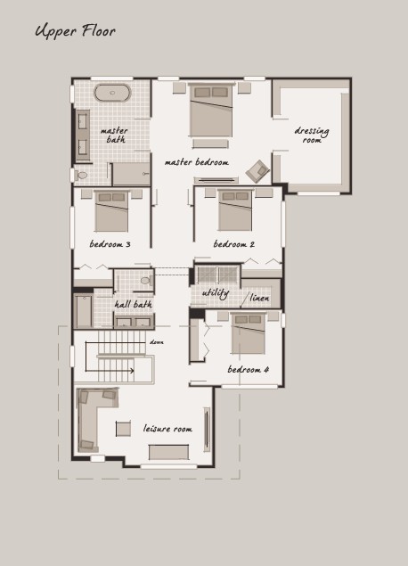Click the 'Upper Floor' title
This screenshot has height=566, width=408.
[x=76, y=31]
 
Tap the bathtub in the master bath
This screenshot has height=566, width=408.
[x=112, y=93]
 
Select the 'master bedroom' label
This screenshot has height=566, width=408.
[x=197, y=162]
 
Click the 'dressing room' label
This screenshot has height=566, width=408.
[x=312, y=135]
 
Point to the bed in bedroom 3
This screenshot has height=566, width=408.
[x=111, y=211]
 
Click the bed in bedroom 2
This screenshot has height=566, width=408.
[x=235, y=209]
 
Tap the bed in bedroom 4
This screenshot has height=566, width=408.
[x=249, y=333]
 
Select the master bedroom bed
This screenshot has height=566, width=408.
[x=211, y=111]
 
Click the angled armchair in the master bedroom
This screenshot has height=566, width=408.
[x=257, y=171]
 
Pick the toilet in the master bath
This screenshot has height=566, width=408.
[x=82, y=176]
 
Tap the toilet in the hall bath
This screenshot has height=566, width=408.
[x=146, y=281]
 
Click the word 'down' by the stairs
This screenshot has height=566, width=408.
[x=157, y=342]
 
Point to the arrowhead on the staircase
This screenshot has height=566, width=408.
[x=132, y=371]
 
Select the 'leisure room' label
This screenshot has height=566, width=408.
[x=167, y=429]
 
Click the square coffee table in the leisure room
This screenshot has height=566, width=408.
[x=123, y=429]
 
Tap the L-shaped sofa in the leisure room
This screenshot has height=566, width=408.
[x=88, y=420]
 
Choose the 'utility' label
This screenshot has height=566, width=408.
[x=216, y=293]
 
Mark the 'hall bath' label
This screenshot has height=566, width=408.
[x=134, y=305]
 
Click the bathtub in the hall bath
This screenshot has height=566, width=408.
[x=84, y=311]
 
